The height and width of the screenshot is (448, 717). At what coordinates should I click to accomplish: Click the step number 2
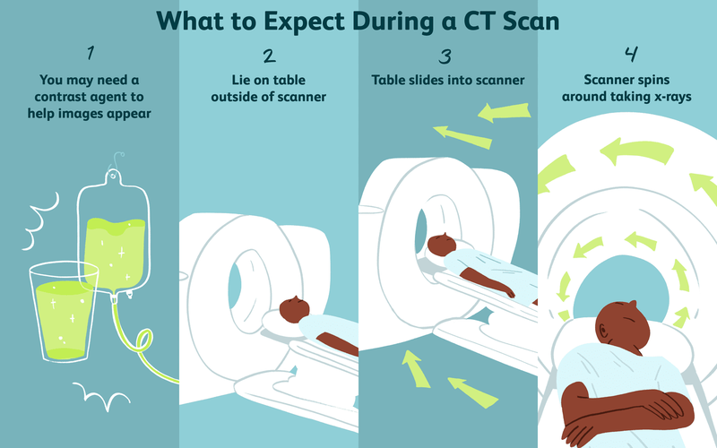click(x=268, y=57)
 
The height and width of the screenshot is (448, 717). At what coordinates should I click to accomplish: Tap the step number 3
click(x=447, y=57)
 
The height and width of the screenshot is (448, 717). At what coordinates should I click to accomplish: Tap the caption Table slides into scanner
click(x=447, y=82)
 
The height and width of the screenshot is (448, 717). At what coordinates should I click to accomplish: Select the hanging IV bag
click(x=117, y=233)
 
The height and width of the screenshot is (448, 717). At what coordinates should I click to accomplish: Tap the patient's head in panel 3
click(x=440, y=245)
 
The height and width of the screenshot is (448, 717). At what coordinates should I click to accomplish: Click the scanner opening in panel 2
click(x=245, y=272)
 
